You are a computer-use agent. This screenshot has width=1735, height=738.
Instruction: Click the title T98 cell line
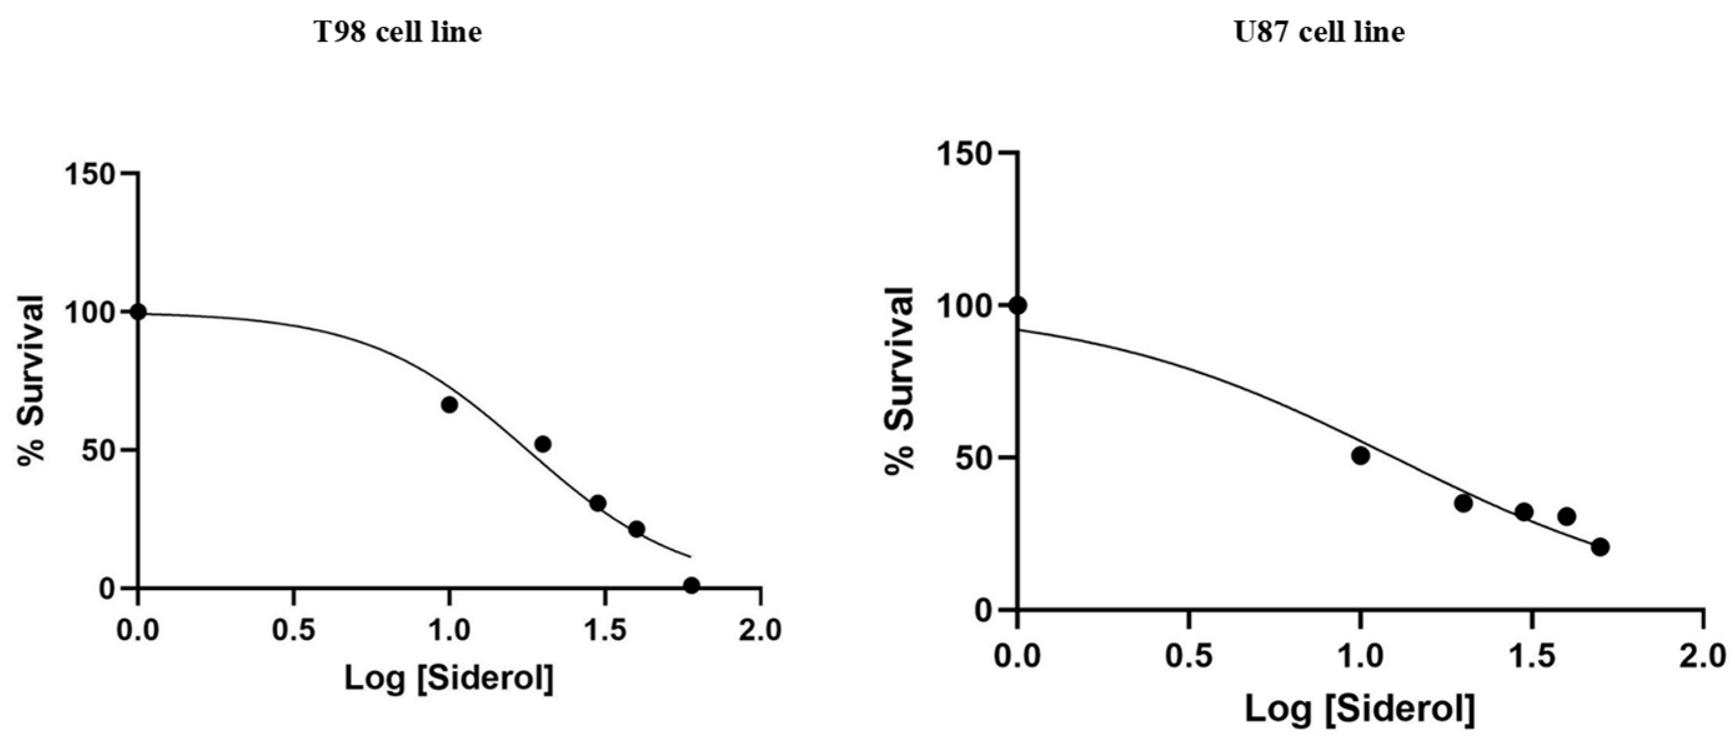[x=399, y=32]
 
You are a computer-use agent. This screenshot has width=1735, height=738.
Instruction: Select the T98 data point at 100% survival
[x=138, y=312]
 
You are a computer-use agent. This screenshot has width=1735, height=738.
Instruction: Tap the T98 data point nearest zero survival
[x=691, y=585]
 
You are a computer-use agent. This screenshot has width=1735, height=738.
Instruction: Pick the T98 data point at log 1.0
[x=450, y=405]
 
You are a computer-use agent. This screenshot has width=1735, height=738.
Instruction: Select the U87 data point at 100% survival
[x=1018, y=305]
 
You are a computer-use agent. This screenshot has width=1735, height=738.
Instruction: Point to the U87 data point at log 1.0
[x=1360, y=456]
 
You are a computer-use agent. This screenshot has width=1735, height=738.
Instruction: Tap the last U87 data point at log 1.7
[x=1600, y=547]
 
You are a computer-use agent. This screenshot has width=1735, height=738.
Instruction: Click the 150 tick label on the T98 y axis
[x=89, y=174]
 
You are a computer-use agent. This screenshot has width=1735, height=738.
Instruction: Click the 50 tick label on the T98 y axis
[x=99, y=450]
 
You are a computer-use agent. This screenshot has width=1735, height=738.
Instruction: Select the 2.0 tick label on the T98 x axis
[x=760, y=631]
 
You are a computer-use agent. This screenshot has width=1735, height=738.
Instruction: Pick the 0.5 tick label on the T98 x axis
[x=293, y=631]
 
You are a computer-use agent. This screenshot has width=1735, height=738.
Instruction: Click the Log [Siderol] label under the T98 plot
[x=450, y=678]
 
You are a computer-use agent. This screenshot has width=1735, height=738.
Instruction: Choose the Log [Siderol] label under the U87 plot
[x=1360, y=709]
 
